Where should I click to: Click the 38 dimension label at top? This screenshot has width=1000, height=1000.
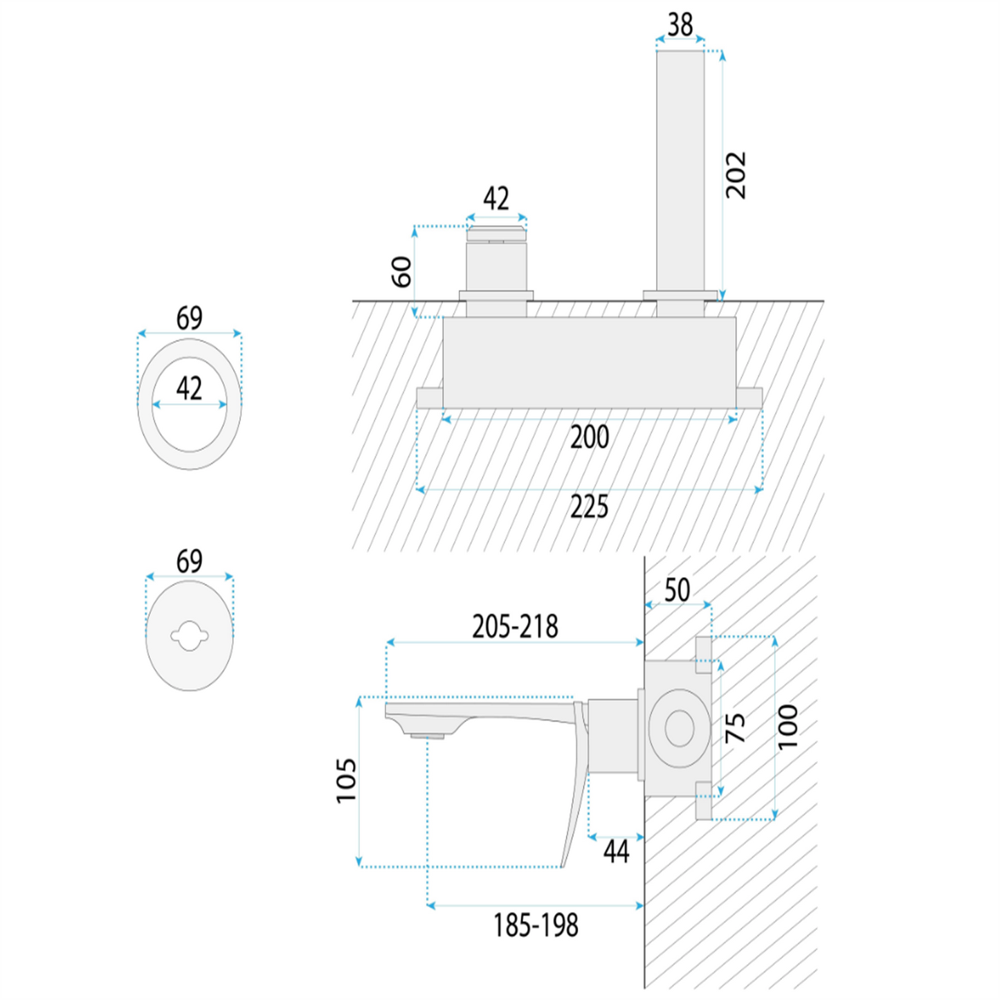pos(680,24)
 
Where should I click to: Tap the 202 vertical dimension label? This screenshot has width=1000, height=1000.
pos(736,175)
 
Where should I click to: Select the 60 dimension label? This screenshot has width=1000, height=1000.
pos(401,272)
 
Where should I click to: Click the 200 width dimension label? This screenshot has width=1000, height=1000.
pos(589,437)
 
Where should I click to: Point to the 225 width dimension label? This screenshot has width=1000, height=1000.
pos(589,507)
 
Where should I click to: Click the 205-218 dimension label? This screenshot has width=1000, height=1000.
pos(515,626)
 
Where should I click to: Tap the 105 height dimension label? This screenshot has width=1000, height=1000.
pos(346,781)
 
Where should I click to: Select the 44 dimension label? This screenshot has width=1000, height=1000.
pos(616,852)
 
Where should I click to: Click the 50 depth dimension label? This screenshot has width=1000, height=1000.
pos(677,590)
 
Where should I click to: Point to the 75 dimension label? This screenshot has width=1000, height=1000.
pos(735,727)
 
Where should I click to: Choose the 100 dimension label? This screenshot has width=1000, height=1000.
pos(788,726)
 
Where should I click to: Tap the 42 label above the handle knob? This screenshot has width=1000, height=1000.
pos(496,198)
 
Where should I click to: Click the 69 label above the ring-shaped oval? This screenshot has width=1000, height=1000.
pos(189,318)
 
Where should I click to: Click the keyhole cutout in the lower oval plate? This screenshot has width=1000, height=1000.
pos(190,635)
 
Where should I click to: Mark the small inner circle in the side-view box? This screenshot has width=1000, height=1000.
pos(680,728)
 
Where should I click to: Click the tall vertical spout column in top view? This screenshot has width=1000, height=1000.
pos(680,171)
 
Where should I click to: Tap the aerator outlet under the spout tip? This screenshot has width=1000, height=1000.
pos(427,736)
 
